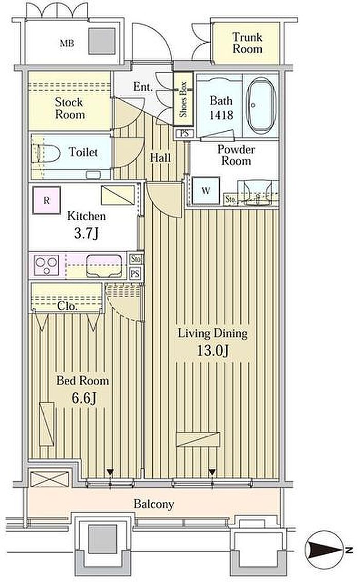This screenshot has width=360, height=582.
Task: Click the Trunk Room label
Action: (x=247, y=43)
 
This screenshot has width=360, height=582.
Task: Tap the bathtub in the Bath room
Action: (x=261, y=105)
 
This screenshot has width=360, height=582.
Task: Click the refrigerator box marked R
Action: (x=46, y=201)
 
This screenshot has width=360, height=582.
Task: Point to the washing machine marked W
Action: (x=206, y=191)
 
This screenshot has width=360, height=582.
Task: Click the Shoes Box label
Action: (x=183, y=99)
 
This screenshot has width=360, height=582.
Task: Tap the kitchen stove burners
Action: (x=46, y=265)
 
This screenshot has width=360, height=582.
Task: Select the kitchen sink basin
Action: (x=104, y=266)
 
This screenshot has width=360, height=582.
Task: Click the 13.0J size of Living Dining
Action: (x=212, y=350)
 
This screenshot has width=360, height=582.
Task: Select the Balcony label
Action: (x=154, y=504)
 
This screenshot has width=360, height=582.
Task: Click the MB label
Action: (x=67, y=43)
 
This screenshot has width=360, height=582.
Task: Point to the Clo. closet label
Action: (x=67, y=306)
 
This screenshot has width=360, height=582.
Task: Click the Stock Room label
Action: (x=69, y=108)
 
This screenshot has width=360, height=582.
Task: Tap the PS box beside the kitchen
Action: (x=135, y=274)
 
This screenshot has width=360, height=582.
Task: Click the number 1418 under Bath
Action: (x=221, y=115)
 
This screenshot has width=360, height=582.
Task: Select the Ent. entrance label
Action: (x=143, y=87)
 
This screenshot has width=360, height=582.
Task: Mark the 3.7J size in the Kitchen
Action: (x=86, y=234)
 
